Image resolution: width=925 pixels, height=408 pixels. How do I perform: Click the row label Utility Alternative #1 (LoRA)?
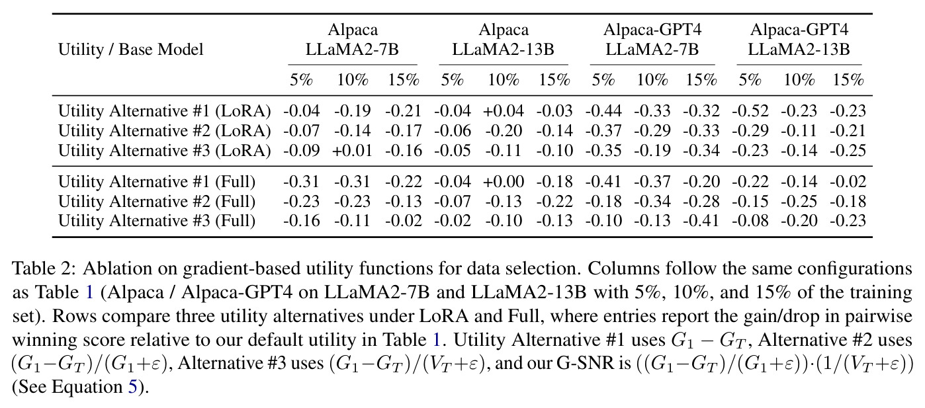tap(164, 111)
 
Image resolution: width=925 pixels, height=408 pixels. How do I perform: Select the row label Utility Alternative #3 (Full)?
tap(157, 221)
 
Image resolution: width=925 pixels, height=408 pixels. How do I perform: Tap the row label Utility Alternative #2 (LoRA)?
tap(164, 131)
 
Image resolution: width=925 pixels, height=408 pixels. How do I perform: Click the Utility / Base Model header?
tap(130, 50)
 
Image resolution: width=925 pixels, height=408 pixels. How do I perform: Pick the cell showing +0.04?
tap(504, 111)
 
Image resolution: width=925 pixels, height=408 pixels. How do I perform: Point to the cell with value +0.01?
tap(352, 151)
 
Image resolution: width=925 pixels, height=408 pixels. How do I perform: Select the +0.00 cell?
tap(504, 182)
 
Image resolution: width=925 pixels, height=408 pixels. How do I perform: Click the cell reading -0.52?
tap(750, 111)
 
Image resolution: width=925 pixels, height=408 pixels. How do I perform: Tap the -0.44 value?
tap(603, 111)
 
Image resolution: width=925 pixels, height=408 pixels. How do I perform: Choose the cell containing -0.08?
tap(750, 221)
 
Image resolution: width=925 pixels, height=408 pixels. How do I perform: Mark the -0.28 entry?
tap(701, 202)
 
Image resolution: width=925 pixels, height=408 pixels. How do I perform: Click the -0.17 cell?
tap(404, 131)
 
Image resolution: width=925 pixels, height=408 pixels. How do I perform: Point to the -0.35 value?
tap(603, 151)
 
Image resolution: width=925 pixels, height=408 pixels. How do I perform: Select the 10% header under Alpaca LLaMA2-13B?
tap(504, 79)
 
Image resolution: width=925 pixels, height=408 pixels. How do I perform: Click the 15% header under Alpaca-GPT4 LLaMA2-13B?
tap(848, 79)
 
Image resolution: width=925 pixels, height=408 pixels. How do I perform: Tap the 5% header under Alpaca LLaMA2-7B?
tap(301, 79)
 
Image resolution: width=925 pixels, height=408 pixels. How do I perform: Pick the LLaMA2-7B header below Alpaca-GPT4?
tap(652, 50)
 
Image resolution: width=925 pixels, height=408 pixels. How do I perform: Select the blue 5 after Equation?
tap(132, 387)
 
